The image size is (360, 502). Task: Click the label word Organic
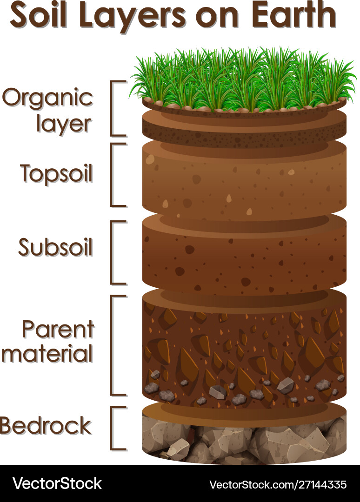47,99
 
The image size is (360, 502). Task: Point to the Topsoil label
56,174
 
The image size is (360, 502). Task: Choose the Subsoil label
55,247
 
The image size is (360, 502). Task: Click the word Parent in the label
58,330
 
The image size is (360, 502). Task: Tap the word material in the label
47,354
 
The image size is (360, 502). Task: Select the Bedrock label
46,426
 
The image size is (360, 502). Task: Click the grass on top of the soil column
242,79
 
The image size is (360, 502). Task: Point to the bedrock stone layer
244,439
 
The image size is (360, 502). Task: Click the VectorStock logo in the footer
57,483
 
